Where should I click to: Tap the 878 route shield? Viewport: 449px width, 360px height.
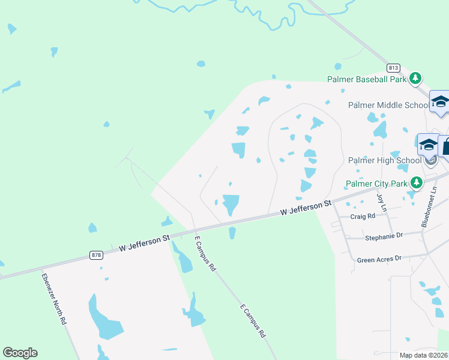coord(96,254)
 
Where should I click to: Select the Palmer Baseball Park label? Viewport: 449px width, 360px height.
coord(367,79)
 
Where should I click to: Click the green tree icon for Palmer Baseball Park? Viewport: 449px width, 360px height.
coord(415,79)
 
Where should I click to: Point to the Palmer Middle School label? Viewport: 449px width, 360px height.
coord(388,105)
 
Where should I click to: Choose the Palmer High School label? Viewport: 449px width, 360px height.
coord(385,160)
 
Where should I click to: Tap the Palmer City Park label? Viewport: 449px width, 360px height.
coord(376,184)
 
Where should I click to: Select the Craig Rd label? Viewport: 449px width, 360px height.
coord(363,216)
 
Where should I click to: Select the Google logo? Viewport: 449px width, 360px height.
coord(20,353)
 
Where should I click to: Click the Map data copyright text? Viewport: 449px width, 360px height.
coord(424,355)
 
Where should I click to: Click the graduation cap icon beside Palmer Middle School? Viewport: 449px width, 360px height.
coord(440,102)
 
